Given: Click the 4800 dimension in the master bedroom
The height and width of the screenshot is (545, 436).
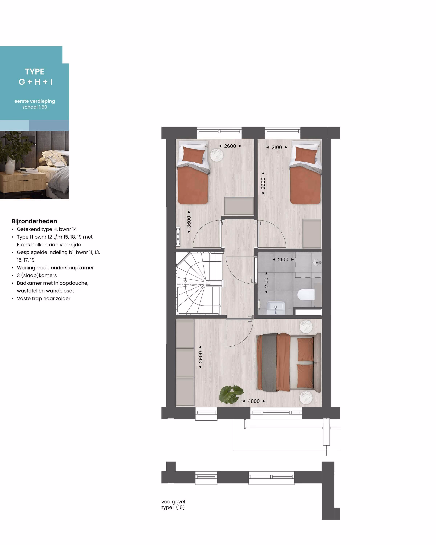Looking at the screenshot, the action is tap(254, 401).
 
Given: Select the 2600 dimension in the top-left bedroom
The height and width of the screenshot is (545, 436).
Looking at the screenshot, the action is tap(230, 146).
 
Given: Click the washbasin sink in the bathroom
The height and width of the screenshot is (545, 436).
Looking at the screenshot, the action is tap(276, 308).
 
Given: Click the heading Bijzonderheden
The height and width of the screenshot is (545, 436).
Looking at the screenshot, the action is tap(34, 221).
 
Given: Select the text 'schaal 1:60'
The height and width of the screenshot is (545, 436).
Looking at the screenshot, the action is tap(35, 107).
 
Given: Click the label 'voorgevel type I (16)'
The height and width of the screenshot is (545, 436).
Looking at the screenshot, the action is tap(173, 504).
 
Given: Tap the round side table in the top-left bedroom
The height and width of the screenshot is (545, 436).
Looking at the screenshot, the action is tap(217, 155).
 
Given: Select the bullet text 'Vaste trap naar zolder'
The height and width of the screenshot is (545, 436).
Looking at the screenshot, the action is tap(43, 298).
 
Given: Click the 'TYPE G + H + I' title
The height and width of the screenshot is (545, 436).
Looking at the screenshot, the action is tap(35, 77).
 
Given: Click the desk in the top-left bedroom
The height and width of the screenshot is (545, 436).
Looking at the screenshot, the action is tap(239, 206).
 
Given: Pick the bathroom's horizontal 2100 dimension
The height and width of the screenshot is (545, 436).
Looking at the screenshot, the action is tap(283, 259).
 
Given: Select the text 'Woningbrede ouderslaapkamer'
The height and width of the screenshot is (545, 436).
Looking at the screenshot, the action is tap(55, 268).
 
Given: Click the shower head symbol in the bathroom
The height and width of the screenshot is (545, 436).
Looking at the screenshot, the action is tap(317, 262).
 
